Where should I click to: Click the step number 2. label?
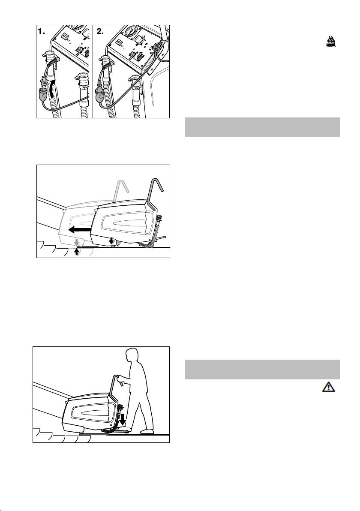pos(100,32)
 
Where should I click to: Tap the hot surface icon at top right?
pos(331,42)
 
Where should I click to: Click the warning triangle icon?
pos(329,387)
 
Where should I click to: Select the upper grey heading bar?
pos(262,127)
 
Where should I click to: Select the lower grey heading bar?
pos(262,370)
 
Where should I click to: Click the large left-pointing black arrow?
pos(79,230)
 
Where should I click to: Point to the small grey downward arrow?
pos(77,243)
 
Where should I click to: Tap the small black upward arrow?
pos(77,252)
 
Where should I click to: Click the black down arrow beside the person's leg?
pos(123,420)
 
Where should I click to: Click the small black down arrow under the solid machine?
pos(112,241)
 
